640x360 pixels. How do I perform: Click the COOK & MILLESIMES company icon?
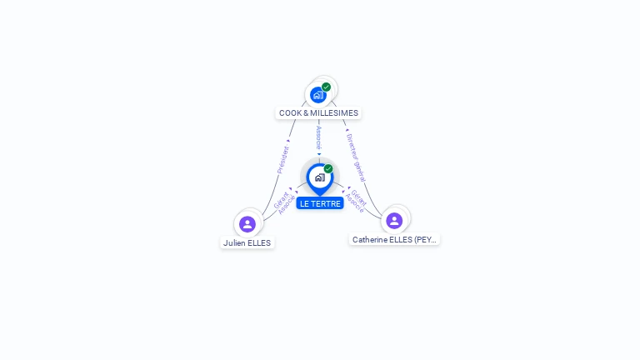317,95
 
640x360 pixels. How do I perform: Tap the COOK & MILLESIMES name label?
318,112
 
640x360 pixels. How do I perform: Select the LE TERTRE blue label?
320,203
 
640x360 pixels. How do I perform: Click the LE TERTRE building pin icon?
319,177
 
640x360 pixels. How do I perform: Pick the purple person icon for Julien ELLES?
247,224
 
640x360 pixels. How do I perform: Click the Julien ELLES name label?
247,242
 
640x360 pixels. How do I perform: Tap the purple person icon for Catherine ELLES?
394,221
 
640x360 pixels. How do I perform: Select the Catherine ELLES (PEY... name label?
394,239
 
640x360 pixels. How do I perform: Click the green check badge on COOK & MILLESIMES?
326,87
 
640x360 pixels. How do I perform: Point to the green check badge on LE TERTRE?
328,168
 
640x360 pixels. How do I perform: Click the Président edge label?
282,160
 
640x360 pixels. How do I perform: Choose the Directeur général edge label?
356,157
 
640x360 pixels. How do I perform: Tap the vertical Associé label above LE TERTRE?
318,137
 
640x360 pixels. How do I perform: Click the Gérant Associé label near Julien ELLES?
283,202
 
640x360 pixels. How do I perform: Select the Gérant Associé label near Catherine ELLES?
356,201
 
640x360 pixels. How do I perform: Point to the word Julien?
233,242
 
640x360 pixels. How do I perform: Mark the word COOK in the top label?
289,112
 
